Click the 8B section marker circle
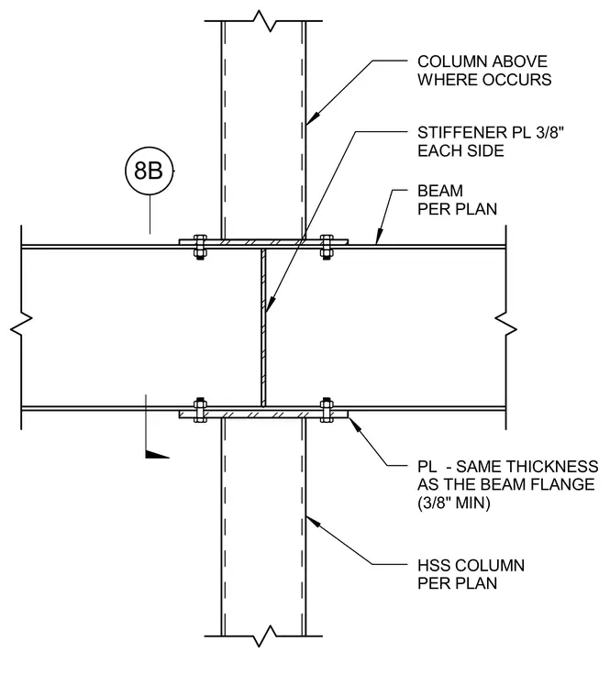point(149,171)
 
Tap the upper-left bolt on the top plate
point(200,247)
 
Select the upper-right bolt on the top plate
point(327,247)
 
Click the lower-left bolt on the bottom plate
point(200,409)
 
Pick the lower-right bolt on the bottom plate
point(327,409)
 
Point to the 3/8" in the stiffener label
point(550,132)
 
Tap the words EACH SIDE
point(460,150)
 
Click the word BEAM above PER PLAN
point(440,191)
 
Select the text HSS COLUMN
point(471,566)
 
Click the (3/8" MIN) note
point(453,503)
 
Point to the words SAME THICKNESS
point(527,467)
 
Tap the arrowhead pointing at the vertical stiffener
point(269,304)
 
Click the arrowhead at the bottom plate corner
point(354,424)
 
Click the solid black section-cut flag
point(158,454)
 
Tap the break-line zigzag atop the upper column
point(264,21)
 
